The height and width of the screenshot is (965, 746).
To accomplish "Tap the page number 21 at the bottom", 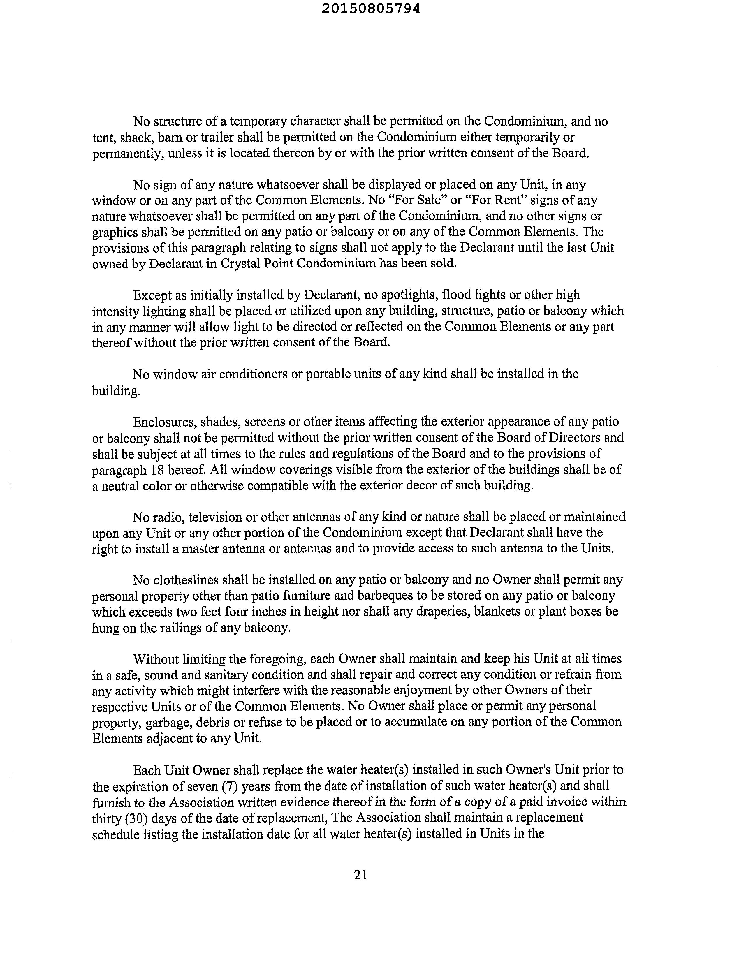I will pos(361,874).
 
